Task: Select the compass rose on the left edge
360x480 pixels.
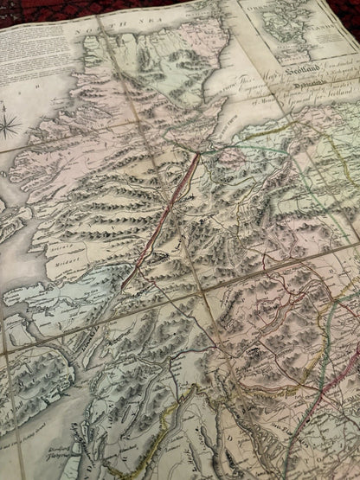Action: point(9,125)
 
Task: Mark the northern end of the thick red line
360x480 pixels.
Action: point(197,156)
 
